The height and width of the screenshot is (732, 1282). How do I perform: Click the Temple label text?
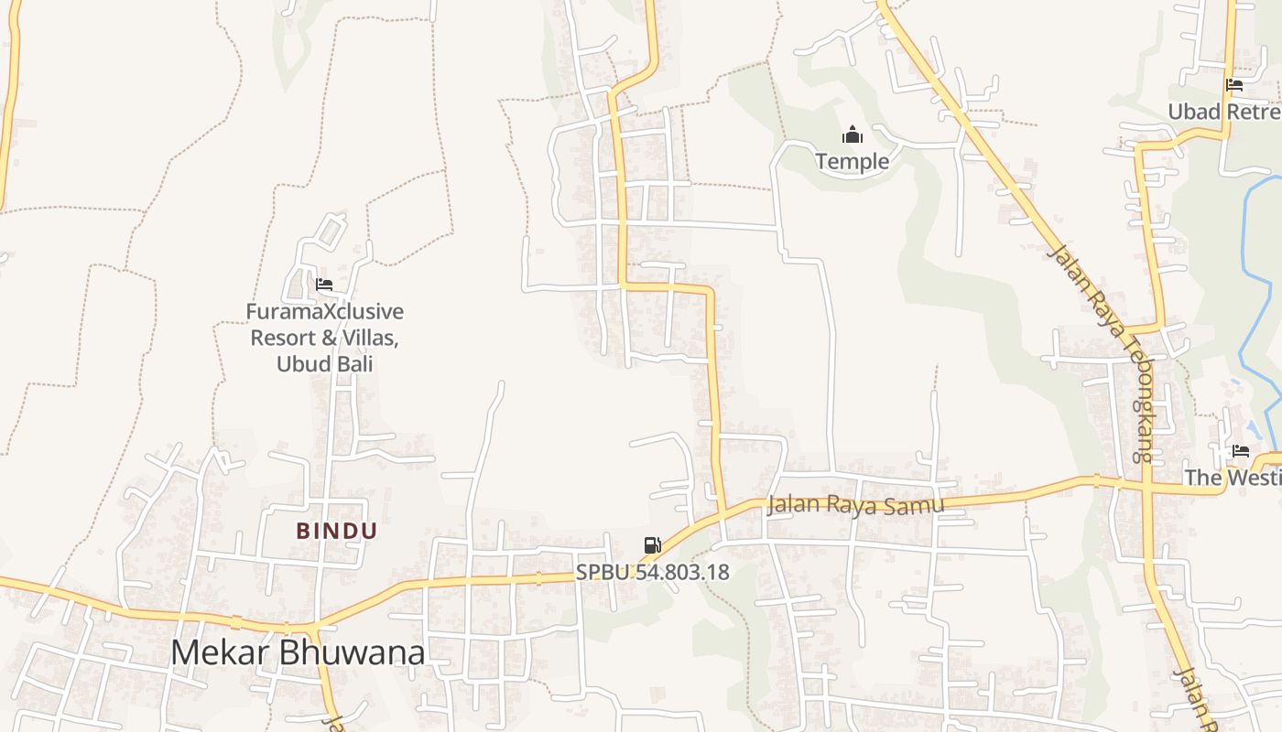click(852, 162)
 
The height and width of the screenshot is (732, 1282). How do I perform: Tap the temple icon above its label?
click(853, 136)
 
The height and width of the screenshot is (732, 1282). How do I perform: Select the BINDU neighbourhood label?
click(336, 531)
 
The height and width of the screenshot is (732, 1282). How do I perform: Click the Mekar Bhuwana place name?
click(298, 653)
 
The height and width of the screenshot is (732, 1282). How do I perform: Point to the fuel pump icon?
click(652, 546)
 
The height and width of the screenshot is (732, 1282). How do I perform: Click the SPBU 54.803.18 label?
click(652, 573)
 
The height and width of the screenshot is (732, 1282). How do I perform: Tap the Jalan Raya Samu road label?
click(854, 504)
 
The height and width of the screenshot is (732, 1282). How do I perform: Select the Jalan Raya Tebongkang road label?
click(1099, 352)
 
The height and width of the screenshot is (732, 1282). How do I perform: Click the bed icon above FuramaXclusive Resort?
click(323, 285)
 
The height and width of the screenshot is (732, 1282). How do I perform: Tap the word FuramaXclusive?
click(324, 312)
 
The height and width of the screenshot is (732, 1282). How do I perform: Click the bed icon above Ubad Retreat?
click(1234, 86)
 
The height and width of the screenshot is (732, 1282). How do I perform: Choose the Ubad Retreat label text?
click(1223, 112)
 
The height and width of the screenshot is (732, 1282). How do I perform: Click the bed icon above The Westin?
click(1241, 451)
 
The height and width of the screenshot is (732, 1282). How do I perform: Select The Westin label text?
click(1233, 477)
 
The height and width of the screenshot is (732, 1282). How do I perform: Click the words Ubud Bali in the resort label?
click(324, 363)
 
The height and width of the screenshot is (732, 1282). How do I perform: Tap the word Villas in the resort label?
click(368, 338)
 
